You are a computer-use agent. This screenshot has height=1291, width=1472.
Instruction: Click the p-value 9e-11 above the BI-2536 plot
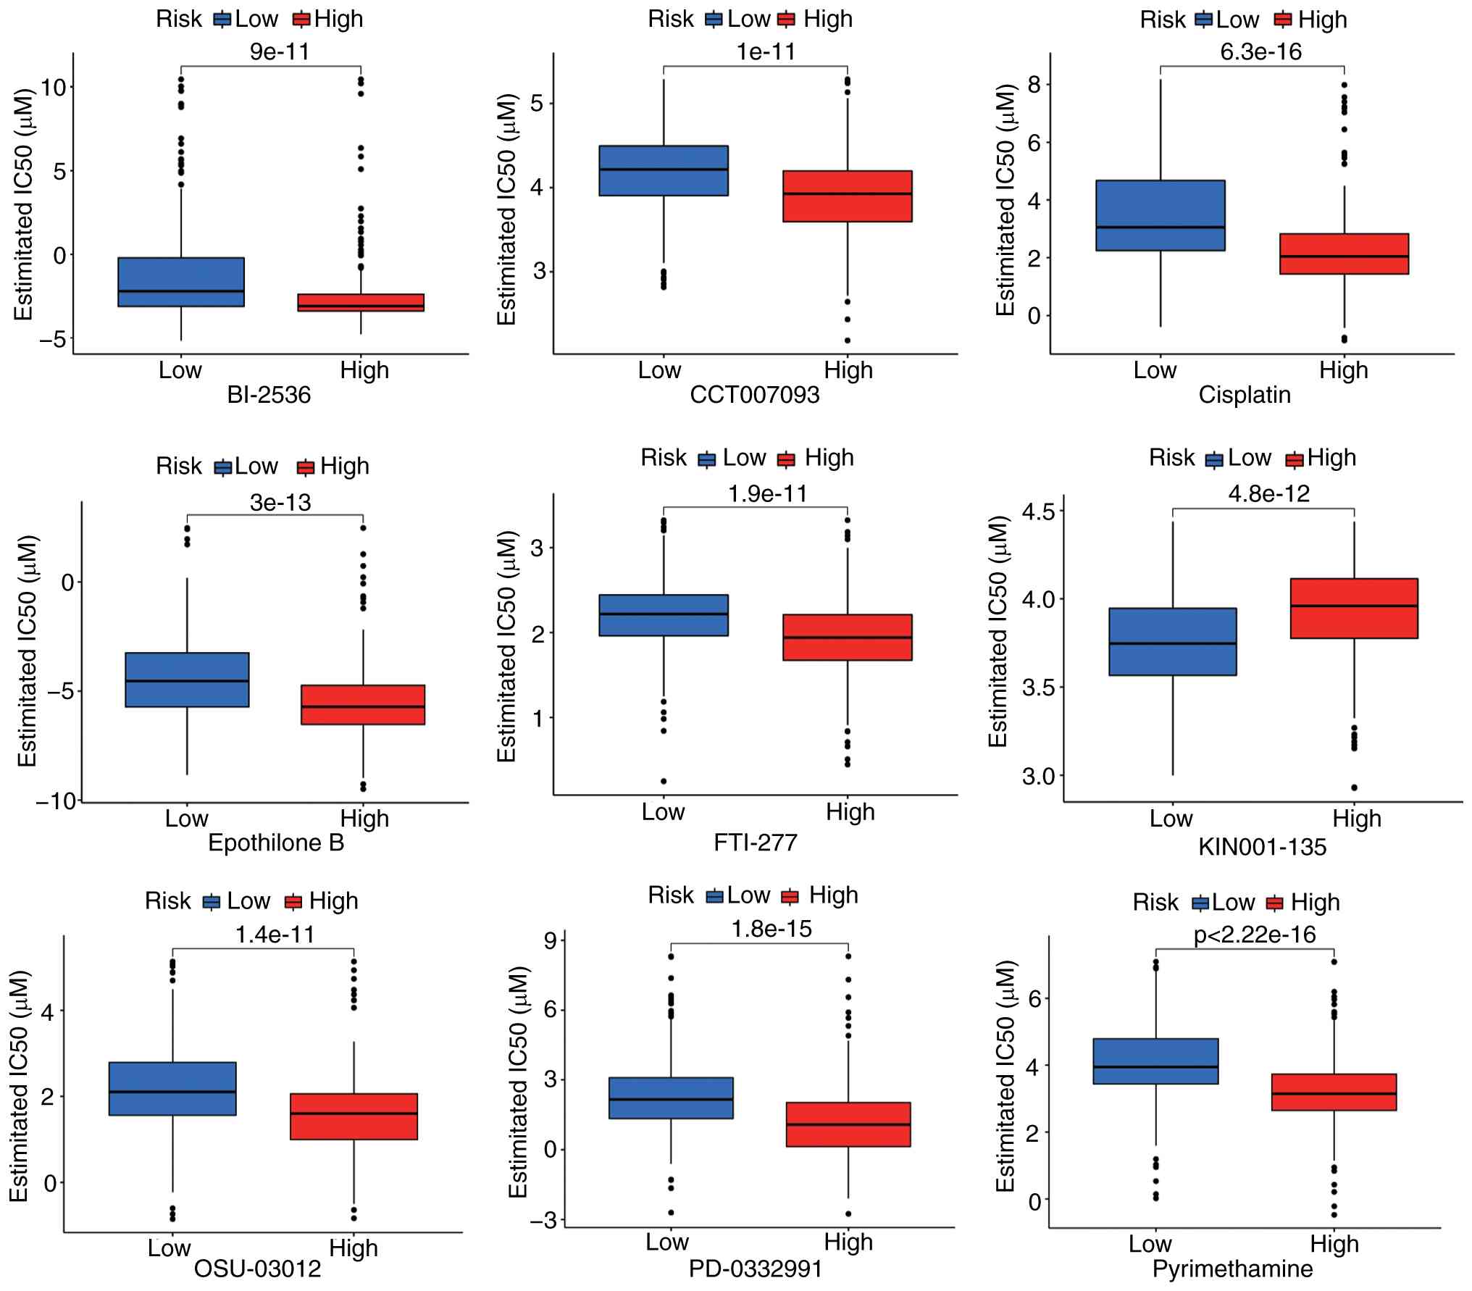point(279,51)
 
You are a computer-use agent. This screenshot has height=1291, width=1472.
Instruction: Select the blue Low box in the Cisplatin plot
point(1160,215)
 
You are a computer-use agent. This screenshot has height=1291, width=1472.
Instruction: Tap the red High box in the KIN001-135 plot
point(1353,608)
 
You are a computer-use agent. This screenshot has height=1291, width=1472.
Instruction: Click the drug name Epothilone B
point(276,843)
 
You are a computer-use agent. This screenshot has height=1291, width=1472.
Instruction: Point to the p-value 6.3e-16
point(1260,51)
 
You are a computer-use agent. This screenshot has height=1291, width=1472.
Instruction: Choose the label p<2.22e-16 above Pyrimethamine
point(1254,935)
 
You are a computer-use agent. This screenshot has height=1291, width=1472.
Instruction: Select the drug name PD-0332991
point(755,1269)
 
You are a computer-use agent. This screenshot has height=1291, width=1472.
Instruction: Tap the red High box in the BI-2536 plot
point(361,303)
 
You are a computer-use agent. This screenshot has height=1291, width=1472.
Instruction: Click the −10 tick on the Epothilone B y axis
point(56,801)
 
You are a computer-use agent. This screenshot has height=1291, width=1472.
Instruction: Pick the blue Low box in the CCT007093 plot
point(663,171)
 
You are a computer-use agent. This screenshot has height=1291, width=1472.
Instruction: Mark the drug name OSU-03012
point(257,1269)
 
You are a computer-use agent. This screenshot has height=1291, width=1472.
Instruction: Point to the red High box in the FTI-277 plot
point(847,638)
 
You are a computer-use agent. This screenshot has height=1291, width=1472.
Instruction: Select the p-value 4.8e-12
point(1268,493)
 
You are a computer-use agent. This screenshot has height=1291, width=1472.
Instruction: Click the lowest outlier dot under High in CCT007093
point(847,340)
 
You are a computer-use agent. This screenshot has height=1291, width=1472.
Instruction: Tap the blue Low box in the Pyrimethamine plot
point(1155,1061)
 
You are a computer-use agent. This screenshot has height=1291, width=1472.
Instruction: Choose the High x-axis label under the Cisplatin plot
point(1343,370)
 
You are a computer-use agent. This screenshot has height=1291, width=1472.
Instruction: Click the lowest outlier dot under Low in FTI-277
point(664,781)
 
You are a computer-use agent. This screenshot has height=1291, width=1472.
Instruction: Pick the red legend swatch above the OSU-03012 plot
point(293,902)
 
